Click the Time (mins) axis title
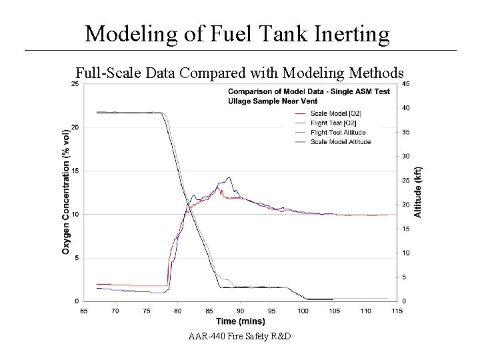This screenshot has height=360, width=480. [240, 321]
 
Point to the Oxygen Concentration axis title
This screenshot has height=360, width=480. [66, 192]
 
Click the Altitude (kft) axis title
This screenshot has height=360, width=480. [418, 192]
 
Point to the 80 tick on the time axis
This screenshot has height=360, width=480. [178, 311]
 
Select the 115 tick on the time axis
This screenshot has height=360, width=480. [397, 311]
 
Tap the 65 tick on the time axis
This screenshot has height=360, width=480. [84, 311]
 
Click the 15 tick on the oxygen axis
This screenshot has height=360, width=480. [75, 171]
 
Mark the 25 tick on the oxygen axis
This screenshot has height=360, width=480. [75, 83]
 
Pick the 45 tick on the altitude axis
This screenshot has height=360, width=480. [407, 83]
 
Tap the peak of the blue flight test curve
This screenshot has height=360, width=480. [229, 178]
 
